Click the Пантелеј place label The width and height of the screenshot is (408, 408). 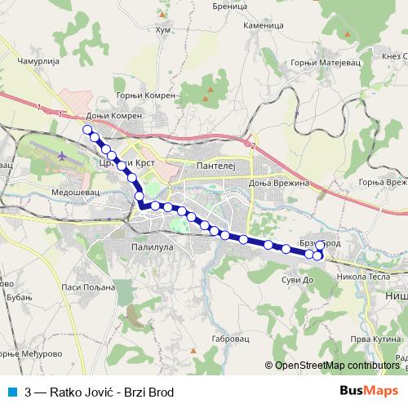click(215, 166)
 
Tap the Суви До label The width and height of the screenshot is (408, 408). click(297, 280)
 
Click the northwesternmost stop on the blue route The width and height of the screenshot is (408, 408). click(87, 129)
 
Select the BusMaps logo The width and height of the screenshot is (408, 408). click(368, 392)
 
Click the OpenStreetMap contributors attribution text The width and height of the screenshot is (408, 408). click(337, 366)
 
